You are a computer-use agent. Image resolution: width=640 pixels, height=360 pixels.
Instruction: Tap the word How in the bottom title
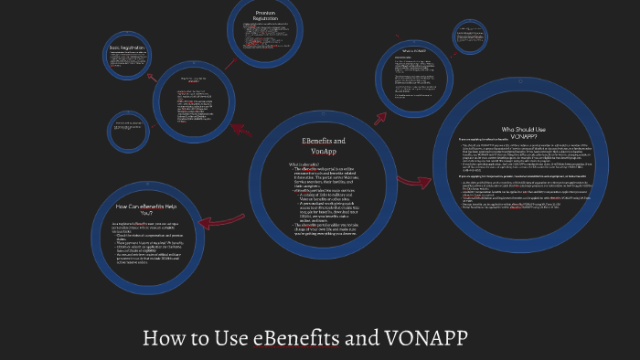[x=167, y=338]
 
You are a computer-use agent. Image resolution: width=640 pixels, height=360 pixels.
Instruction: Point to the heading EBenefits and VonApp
[x=323, y=146]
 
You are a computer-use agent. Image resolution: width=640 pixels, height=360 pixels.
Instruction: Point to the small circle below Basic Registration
[x=135, y=132]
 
